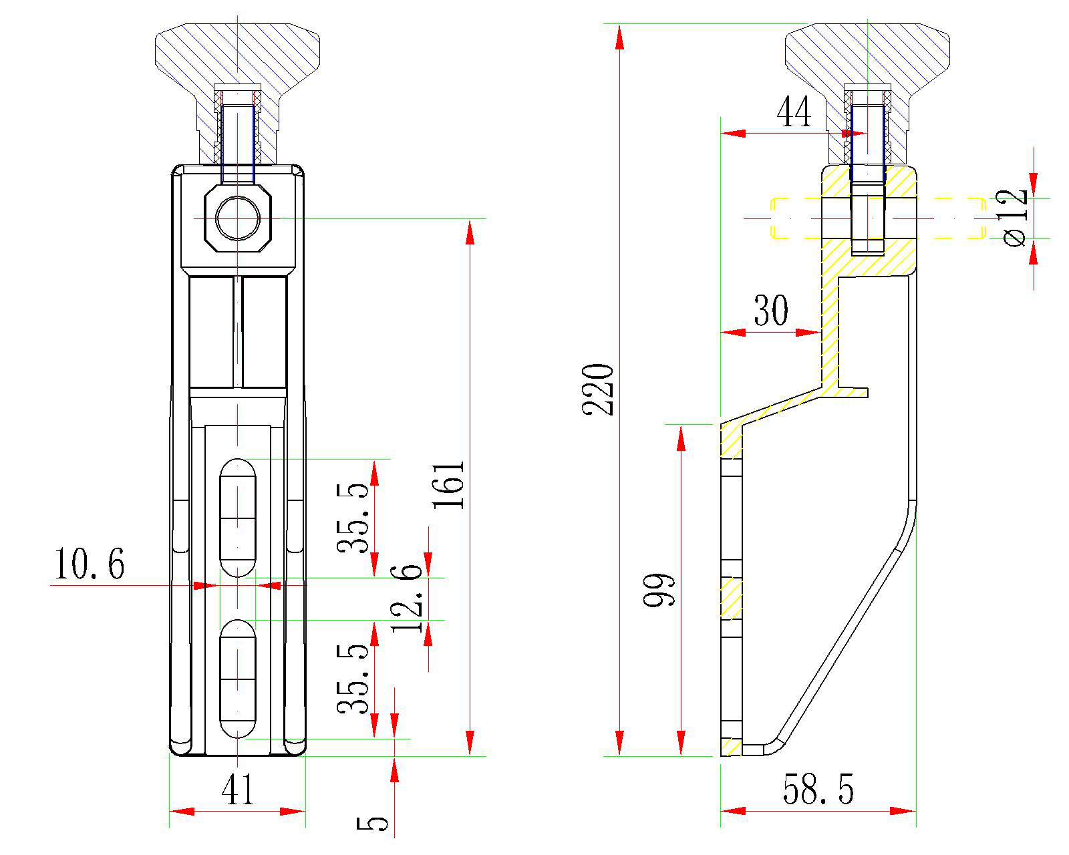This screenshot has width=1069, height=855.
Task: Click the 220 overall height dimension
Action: tap(598, 389)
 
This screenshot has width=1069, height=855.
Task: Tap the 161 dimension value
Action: tap(449, 484)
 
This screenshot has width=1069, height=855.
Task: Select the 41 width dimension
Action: tap(238, 790)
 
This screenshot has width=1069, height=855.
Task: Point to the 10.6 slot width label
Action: tap(89, 564)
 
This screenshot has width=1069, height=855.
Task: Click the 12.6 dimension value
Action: tap(407, 598)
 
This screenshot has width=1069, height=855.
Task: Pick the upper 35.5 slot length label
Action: tap(353, 518)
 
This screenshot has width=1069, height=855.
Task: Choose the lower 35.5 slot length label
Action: tap(353, 679)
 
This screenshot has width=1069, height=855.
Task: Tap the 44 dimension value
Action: tap(794, 112)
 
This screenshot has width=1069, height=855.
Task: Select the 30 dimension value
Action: tap(771, 311)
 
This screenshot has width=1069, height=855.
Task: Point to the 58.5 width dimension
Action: tap(818, 790)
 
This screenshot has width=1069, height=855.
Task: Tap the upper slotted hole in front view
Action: tap(238, 517)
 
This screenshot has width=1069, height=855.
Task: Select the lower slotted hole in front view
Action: tap(238, 678)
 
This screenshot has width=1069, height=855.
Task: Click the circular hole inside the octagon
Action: tap(238, 218)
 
